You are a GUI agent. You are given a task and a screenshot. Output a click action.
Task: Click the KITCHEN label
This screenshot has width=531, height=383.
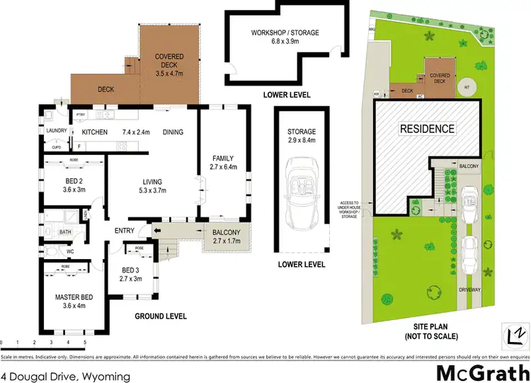94,132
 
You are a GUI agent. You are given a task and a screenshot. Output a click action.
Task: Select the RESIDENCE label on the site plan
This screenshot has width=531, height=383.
427,129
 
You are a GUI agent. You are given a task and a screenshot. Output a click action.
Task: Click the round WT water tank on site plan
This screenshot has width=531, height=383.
466,88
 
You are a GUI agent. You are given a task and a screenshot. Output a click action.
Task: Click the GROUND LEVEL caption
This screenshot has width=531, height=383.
162,317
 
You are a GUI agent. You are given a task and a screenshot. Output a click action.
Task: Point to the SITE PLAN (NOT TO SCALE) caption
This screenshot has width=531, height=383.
435,331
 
